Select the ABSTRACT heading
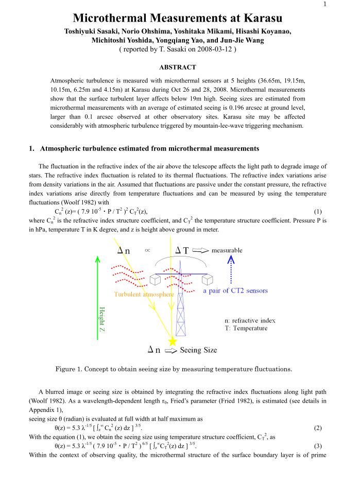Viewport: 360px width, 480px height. (x=177, y=67)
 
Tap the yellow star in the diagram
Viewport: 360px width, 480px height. (x=172, y=341)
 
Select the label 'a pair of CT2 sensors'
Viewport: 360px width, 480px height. (x=235, y=290)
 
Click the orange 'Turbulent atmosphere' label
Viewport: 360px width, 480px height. (x=144, y=294)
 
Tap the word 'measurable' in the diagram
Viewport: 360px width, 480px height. (x=227, y=250)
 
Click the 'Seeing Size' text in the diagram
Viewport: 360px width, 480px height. (x=198, y=350)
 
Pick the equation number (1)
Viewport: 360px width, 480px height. (x=318, y=212)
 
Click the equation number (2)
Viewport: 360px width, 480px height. (x=318, y=427)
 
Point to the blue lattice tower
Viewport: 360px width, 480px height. (x=181, y=309)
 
